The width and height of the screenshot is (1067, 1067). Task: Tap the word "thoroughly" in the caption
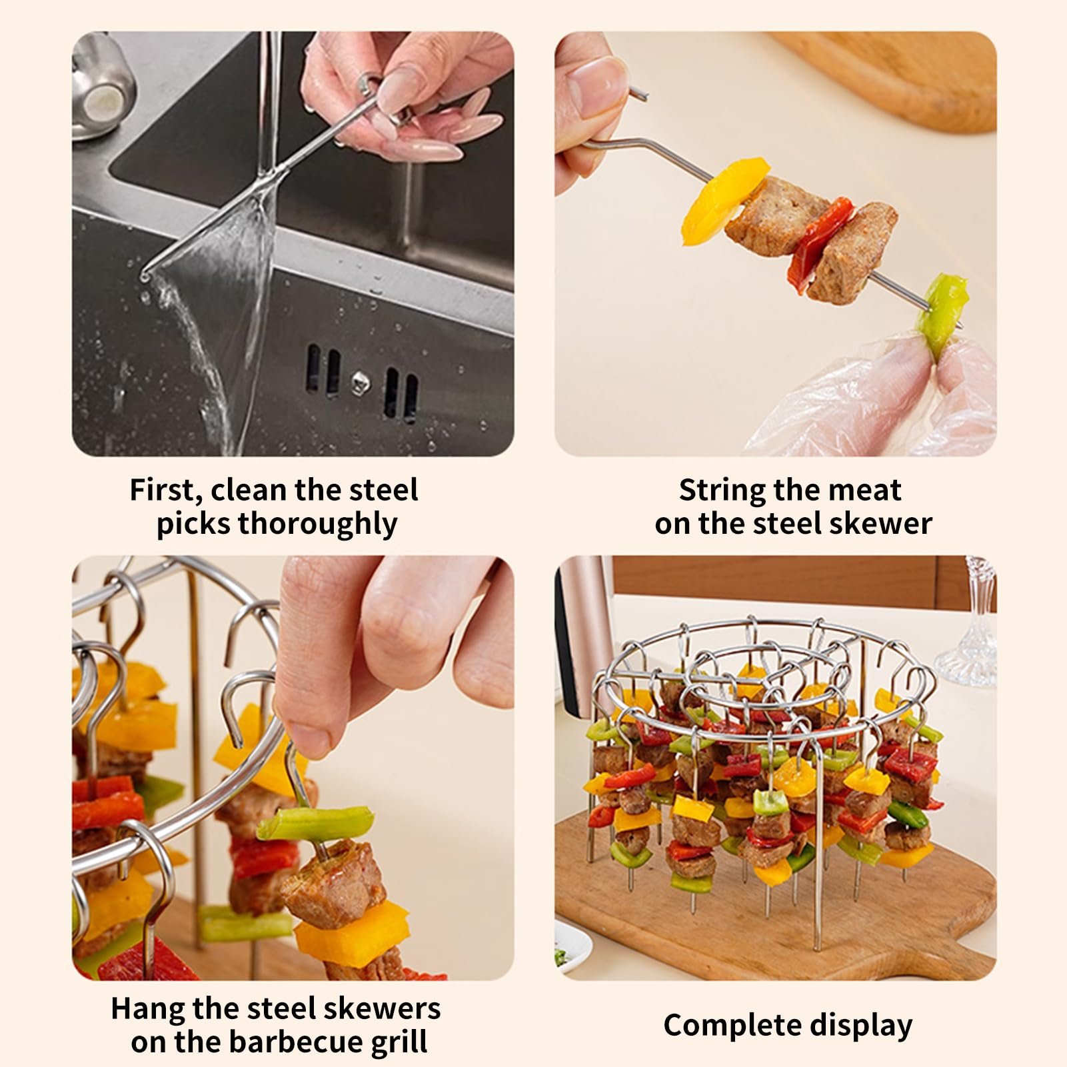tap(317, 525)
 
